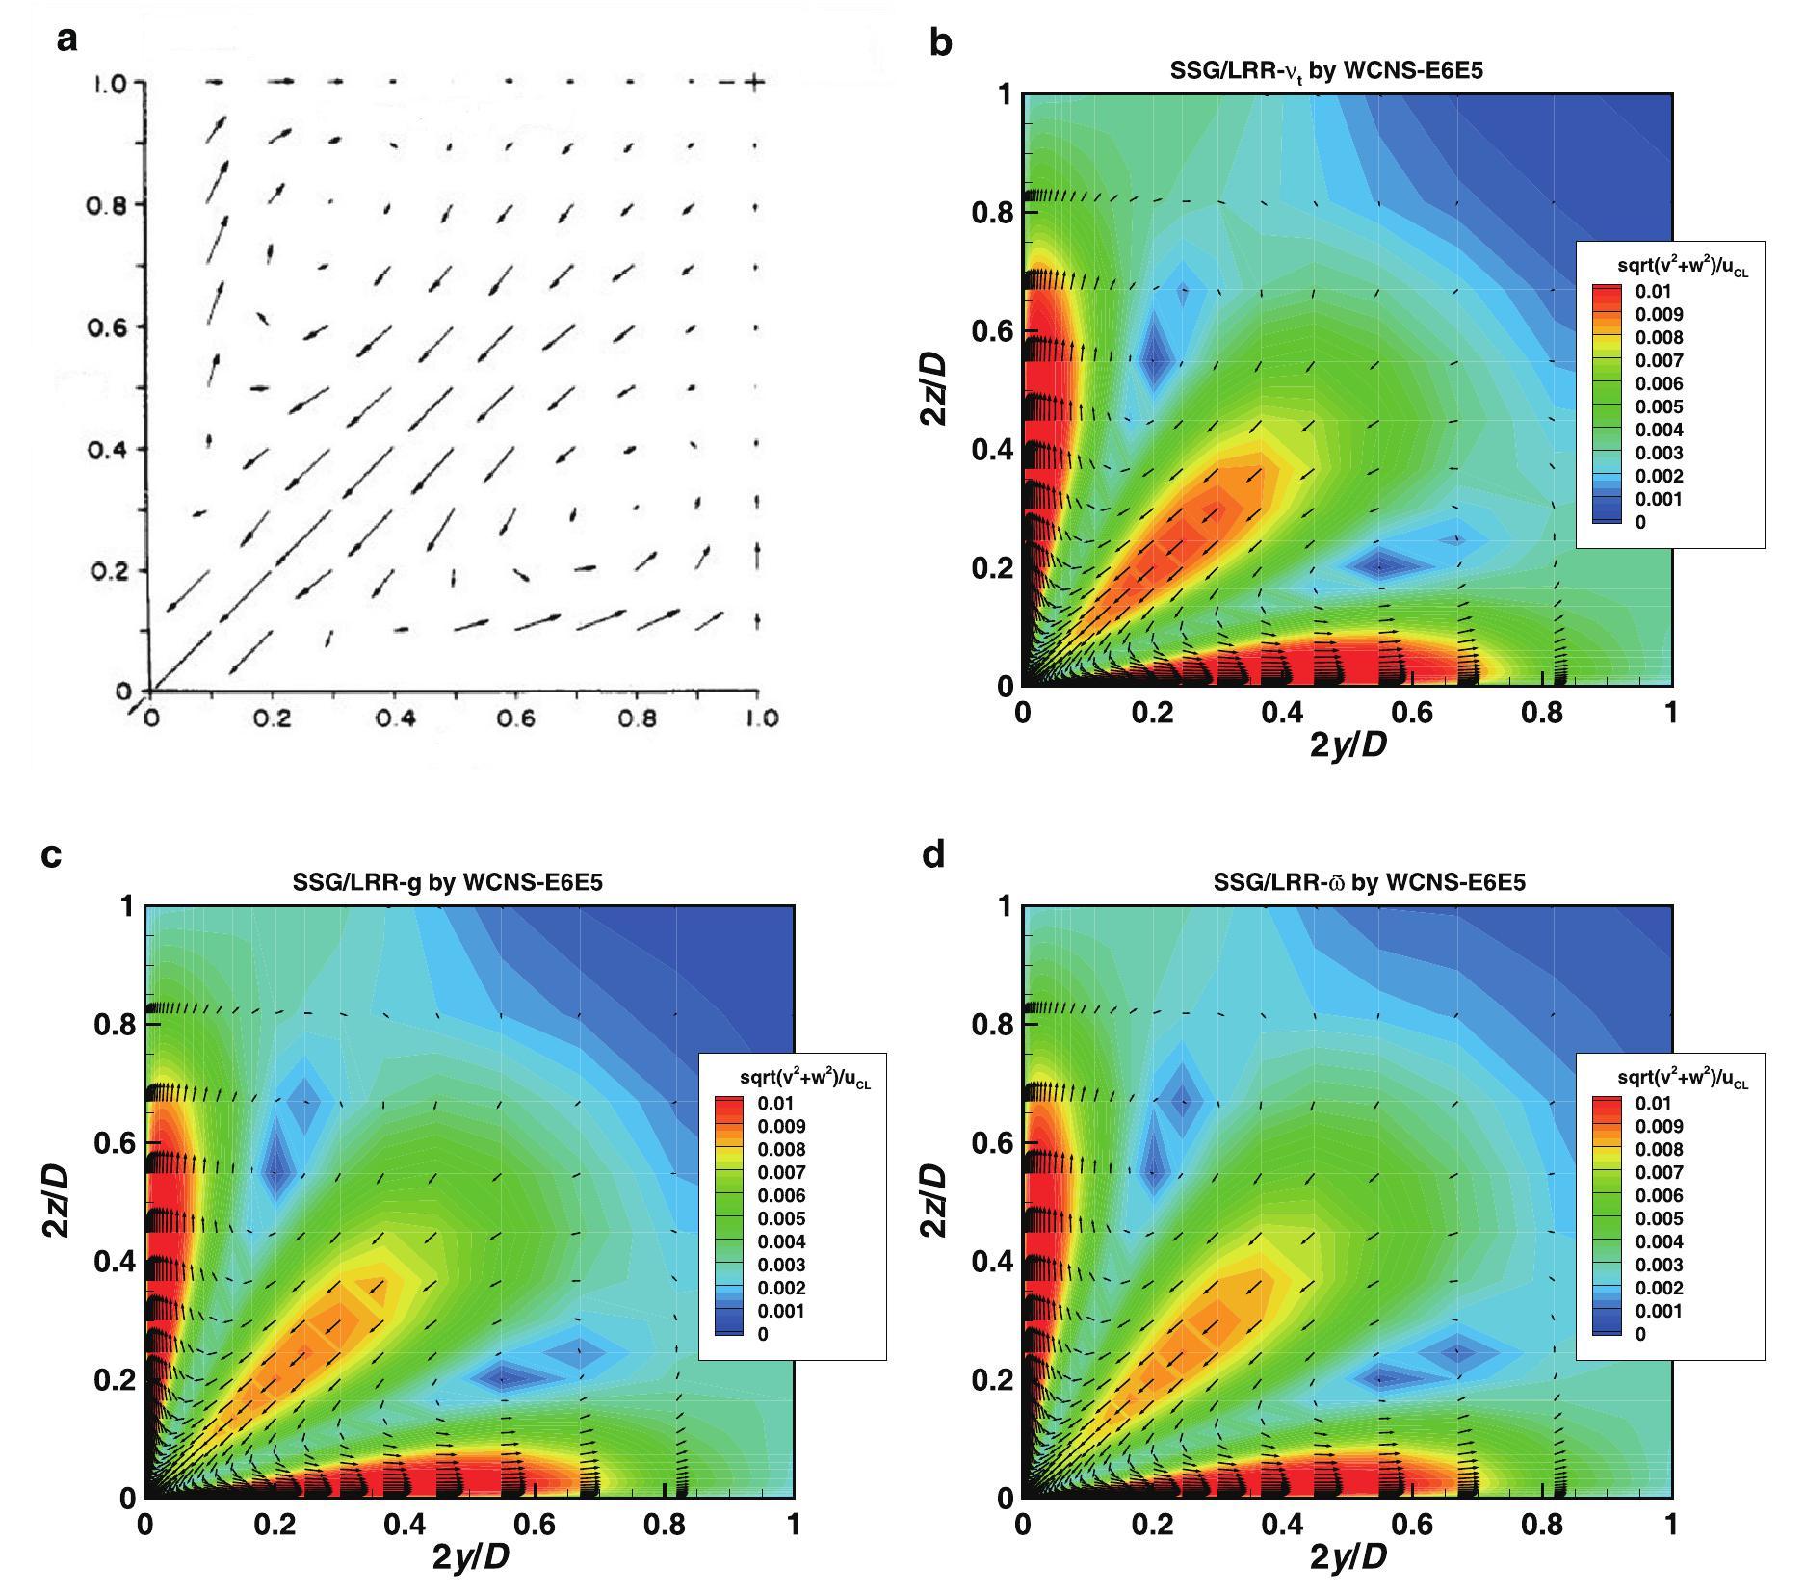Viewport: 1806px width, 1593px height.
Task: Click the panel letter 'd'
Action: pos(933,853)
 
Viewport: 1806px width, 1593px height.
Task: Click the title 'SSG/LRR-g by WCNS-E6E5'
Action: pos(447,881)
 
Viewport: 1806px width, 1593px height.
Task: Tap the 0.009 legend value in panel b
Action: pos(1659,314)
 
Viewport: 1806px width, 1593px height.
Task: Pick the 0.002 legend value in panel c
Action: pos(781,1288)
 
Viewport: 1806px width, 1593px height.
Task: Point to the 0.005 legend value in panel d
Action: pos(1659,1218)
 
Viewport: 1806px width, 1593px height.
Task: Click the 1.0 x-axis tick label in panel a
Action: pos(761,718)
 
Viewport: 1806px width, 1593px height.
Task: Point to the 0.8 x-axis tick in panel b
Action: pos(1542,713)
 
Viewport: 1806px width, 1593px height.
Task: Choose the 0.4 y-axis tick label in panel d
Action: pos(991,1261)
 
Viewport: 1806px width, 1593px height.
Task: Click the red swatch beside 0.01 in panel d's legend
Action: pos(1606,1103)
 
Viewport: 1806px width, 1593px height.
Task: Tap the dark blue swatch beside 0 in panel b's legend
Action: pos(1606,522)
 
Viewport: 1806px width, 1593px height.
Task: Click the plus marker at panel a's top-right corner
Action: pos(756,83)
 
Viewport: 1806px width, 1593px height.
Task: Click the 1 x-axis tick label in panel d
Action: pos(1671,1525)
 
